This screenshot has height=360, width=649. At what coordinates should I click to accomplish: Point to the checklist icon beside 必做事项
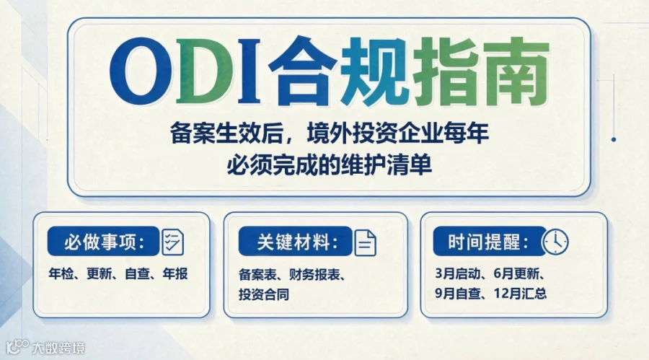click(172, 242)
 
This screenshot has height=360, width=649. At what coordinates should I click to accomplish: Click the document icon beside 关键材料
click(365, 242)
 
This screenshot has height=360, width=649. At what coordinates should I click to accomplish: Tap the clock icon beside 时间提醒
click(555, 242)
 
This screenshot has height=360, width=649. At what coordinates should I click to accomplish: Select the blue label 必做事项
click(103, 241)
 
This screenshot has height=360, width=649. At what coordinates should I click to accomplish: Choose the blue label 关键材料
click(296, 241)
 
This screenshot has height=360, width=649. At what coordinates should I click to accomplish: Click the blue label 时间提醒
click(488, 241)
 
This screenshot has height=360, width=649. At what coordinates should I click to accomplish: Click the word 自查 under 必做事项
click(137, 274)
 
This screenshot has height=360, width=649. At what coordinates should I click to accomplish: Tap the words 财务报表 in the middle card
click(314, 274)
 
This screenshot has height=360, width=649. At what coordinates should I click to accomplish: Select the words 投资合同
click(264, 294)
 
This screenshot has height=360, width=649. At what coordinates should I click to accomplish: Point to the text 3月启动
click(457, 273)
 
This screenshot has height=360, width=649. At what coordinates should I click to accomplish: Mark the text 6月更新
click(516, 273)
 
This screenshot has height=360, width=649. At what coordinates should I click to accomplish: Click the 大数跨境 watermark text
click(58, 348)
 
